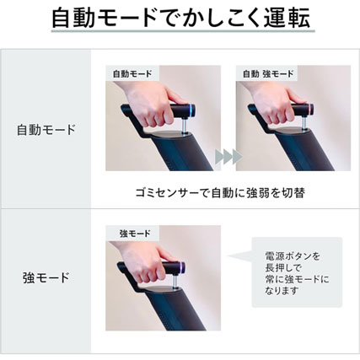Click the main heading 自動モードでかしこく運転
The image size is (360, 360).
180,18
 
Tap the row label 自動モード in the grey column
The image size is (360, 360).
46,130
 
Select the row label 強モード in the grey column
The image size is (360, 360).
46,278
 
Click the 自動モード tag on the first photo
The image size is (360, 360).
132,73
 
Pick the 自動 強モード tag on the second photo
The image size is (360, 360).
268,73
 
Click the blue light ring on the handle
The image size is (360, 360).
192,110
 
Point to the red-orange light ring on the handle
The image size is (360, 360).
311,110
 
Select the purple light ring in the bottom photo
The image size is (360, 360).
183,268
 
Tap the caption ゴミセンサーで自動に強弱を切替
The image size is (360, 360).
220,193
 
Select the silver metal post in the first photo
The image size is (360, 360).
183,126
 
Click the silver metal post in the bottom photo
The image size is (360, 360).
175,282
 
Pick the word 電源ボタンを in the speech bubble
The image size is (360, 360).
293,256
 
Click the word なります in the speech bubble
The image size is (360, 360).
281,290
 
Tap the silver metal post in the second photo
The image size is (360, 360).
304,124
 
